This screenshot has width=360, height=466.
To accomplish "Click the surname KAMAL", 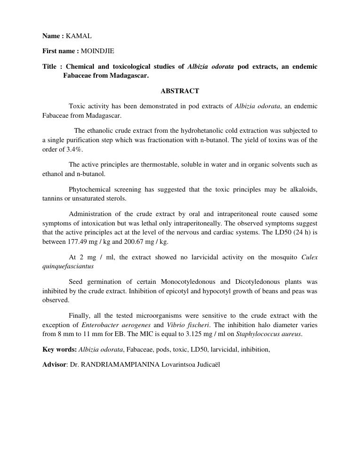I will click(79, 36).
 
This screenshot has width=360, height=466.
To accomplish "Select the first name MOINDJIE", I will click(97, 51).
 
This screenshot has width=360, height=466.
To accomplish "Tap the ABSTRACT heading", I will click(180, 91).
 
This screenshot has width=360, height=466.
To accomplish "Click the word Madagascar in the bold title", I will click(128, 75).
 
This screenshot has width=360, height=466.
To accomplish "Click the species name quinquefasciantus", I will click(68, 266).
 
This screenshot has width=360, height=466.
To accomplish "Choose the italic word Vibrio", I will click(176, 325).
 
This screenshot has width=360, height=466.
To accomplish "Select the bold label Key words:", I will click(59, 349).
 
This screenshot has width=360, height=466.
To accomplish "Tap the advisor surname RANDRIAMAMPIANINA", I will click(120, 364).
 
